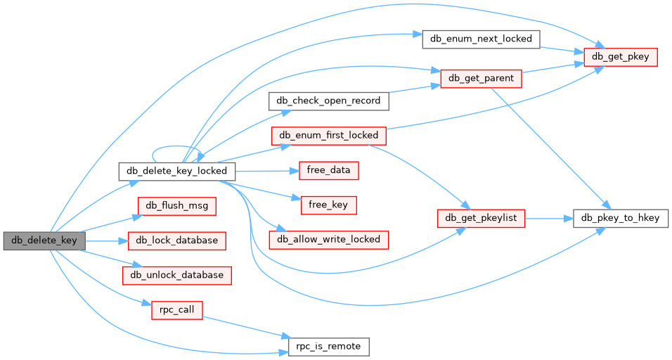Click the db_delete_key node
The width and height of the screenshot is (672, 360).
[x=44, y=240]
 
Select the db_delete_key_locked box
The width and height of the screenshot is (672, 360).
[x=176, y=171]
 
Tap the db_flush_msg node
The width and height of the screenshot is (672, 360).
[x=176, y=205]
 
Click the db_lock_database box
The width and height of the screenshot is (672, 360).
[x=176, y=240]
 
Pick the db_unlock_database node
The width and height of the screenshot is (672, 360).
[x=176, y=275]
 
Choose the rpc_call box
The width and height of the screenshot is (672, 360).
[x=176, y=309]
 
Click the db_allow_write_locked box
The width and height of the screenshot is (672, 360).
[x=329, y=239]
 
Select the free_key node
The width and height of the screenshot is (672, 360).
[x=329, y=205]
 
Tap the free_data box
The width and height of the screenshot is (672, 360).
[x=329, y=169]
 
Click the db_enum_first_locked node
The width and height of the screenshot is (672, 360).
[x=329, y=135]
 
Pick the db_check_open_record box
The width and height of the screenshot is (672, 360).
[x=328, y=101]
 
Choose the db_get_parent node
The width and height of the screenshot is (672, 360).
[x=481, y=78]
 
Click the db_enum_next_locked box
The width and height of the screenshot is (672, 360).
[x=481, y=39]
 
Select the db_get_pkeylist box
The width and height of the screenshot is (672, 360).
[x=481, y=218]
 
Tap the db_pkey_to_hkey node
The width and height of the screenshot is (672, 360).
[x=621, y=218]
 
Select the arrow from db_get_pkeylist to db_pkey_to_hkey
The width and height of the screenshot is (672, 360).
[x=548, y=218]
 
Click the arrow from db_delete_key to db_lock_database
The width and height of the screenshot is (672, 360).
[x=105, y=240]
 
